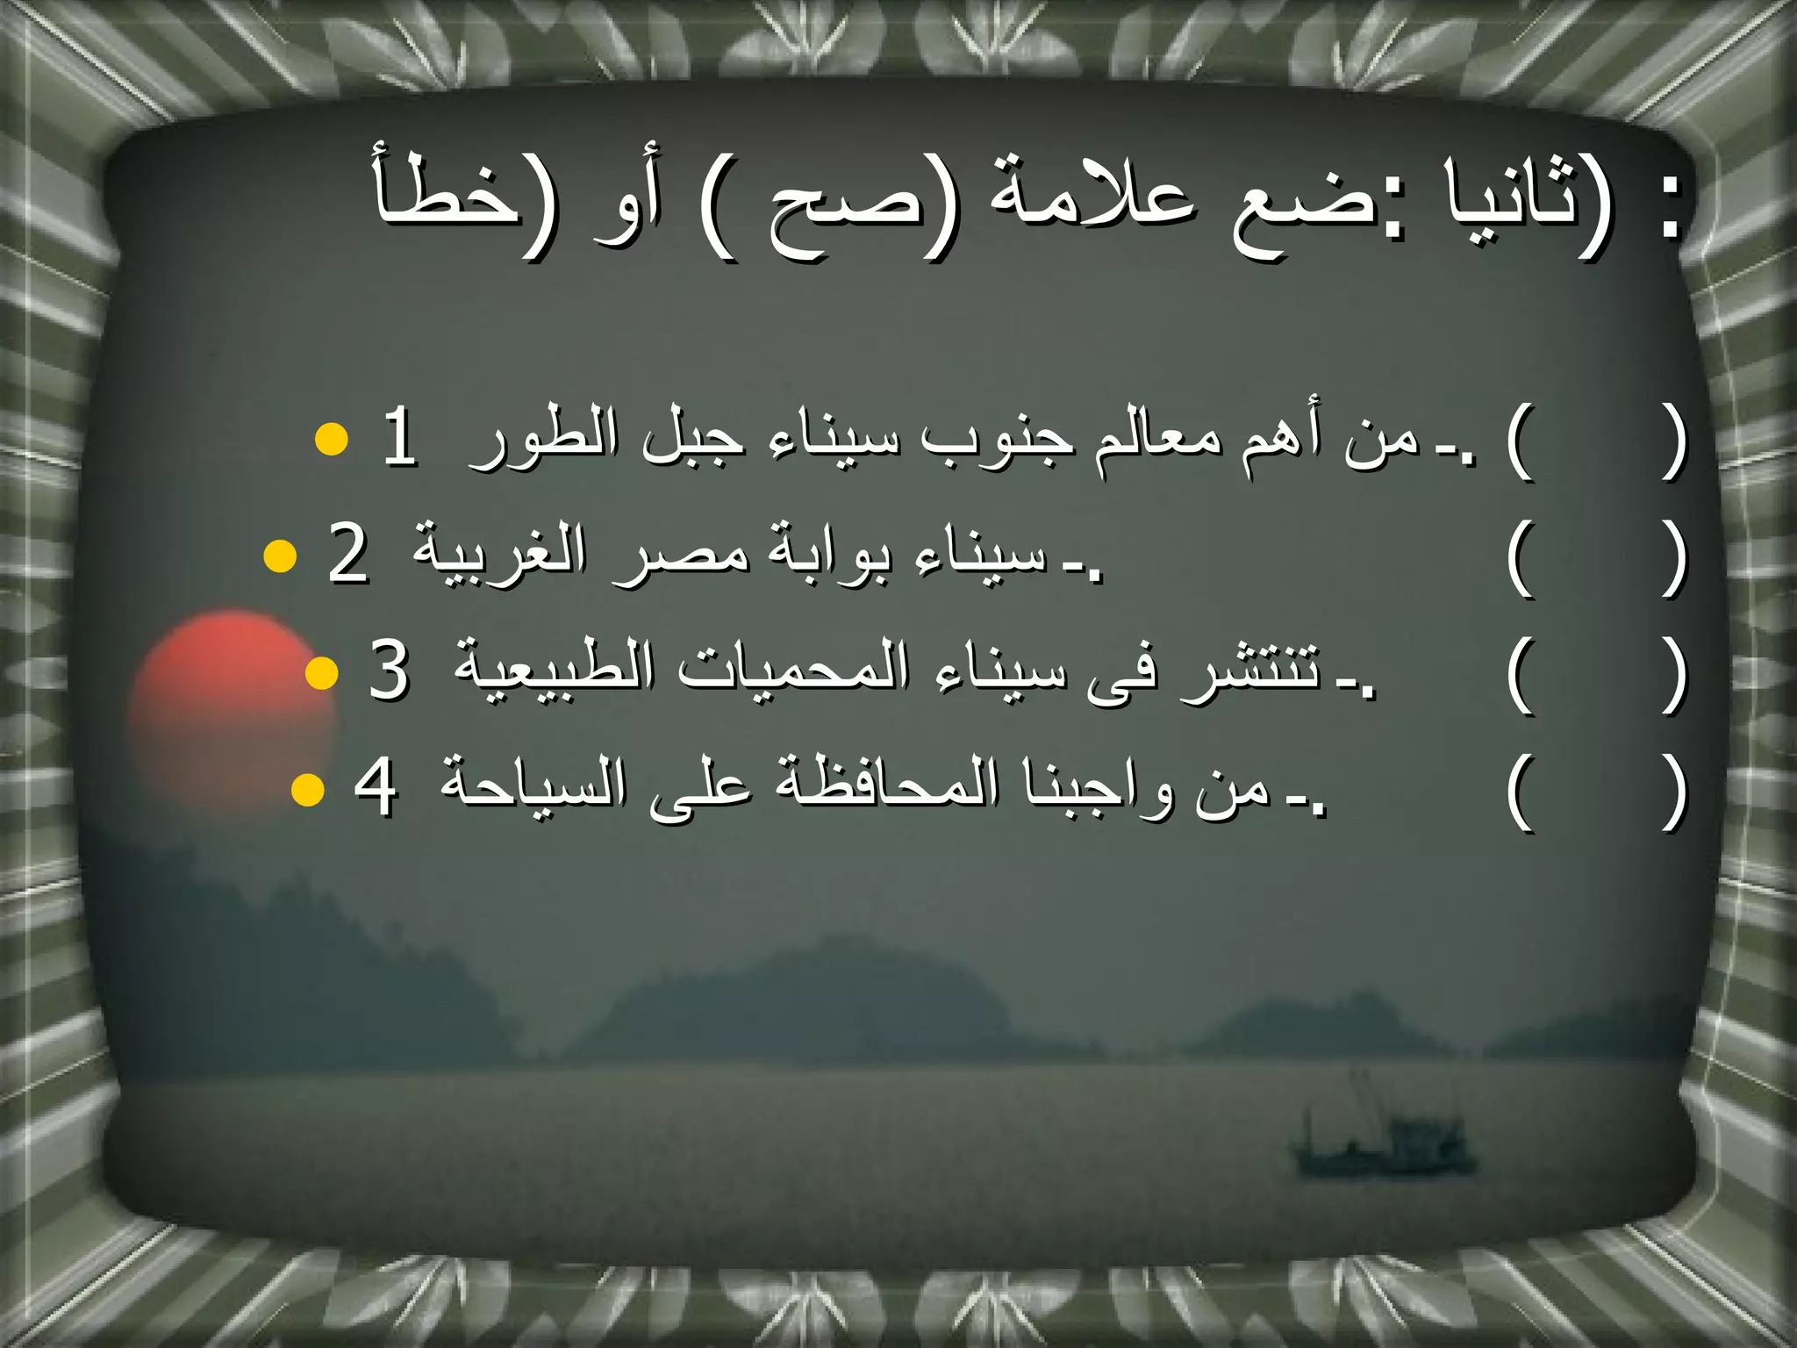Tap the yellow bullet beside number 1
[331, 438]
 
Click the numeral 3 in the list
[389, 670]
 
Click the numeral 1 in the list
[400, 438]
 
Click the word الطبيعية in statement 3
[553, 671]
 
